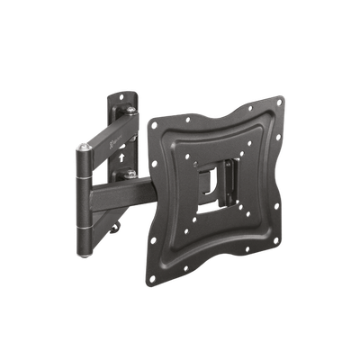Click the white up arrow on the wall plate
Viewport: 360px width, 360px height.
tap(121, 154)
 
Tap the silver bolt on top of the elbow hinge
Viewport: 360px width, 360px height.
tap(85, 145)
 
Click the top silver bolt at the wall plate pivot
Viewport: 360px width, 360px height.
tap(132, 109)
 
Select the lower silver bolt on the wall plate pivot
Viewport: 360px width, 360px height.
tap(131, 174)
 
